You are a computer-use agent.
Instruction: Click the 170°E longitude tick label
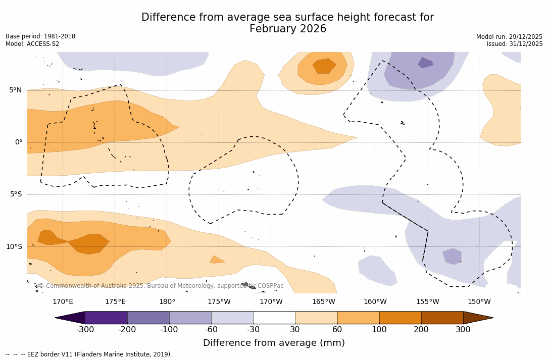tap(63, 302)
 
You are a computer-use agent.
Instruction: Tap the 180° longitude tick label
tap(167, 302)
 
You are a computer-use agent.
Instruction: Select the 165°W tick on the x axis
tap(323, 302)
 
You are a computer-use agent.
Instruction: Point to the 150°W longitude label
tap(479, 302)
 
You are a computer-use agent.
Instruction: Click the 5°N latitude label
tap(15, 90)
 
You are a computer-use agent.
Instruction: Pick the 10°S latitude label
tap(14, 247)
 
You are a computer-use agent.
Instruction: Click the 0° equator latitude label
tap(19, 142)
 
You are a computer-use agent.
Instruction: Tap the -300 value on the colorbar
tap(85, 330)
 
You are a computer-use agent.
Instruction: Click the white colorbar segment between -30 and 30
tap(274, 318)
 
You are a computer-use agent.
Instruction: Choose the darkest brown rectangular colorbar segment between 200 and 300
tap(442, 318)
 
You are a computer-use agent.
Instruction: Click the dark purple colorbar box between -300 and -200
tap(106, 318)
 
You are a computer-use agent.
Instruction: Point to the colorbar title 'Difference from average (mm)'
tap(274, 343)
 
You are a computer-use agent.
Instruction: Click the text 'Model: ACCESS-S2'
tap(32, 44)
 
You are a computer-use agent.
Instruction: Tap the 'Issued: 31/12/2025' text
tap(515, 44)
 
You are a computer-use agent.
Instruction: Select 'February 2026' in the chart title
tap(288, 29)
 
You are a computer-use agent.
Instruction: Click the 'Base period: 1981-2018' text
tap(40, 36)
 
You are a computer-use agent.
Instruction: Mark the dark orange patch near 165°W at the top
tap(324, 65)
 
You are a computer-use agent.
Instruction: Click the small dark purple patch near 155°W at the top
tap(425, 63)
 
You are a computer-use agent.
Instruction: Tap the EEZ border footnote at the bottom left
tap(89, 354)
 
